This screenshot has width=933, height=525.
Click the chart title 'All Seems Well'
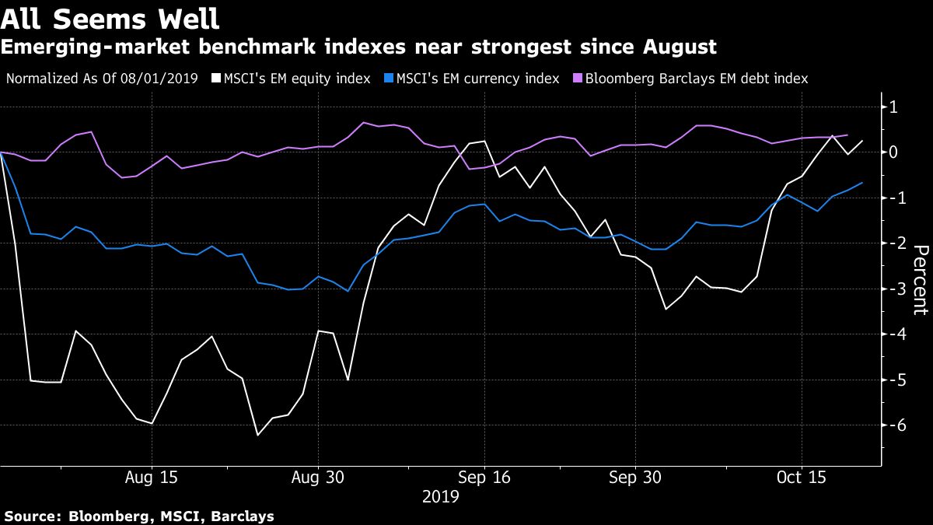110,17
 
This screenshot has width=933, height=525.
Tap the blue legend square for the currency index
388,79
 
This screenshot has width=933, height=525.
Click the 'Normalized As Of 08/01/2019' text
102,79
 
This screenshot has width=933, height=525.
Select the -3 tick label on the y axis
892,289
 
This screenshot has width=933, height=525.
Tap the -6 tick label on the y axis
892,426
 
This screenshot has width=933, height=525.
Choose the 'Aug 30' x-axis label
317,477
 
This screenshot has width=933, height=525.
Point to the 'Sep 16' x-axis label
484,477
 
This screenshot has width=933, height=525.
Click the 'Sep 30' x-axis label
635,477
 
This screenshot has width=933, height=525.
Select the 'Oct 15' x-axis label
802,477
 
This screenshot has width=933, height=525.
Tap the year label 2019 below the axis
440,495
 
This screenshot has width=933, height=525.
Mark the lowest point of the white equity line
257,435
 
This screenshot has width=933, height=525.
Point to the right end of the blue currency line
862,183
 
